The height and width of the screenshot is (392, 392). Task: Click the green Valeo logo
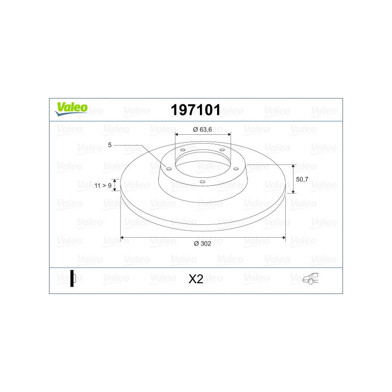(x=71, y=109)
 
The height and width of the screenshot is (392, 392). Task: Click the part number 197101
(x=196, y=110)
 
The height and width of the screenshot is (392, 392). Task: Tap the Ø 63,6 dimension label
(x=202, y=129)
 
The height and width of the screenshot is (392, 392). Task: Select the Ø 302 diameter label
(x=202, y=244)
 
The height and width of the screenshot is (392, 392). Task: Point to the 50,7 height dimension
(x=302, y=179)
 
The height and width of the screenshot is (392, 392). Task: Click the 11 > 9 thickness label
(x=103, y=186)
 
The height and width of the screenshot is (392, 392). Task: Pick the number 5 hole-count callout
(x=109, y=145)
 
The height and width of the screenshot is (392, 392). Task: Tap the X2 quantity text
(x=196, y=279)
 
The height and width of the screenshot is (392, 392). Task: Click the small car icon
(x=310, y=278)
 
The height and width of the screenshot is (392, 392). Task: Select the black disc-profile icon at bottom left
(x=73, y=278)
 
